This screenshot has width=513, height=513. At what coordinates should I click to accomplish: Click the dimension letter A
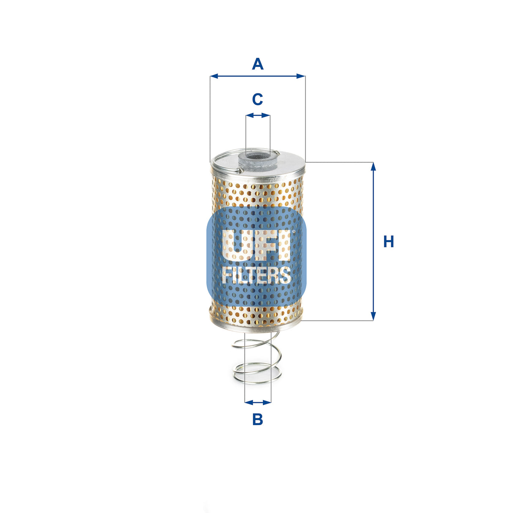tap(257, 64)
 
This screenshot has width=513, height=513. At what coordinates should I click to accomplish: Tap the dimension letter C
tap(257, 100)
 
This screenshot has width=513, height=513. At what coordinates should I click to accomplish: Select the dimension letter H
tap(388, 242)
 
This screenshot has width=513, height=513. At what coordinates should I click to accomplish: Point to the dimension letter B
tap(257, 420)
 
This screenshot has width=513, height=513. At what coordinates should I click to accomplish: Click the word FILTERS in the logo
tap(256, 275)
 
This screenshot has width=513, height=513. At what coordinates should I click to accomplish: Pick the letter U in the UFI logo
tap(235, 245)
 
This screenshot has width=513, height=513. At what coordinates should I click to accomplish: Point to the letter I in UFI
tap(284, 245)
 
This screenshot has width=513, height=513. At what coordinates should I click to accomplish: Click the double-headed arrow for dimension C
tap(258, 115)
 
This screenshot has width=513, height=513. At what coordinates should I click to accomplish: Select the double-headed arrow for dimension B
tap(258, 402)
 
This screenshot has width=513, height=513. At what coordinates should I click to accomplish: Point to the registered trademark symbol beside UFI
tap(293, 232)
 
